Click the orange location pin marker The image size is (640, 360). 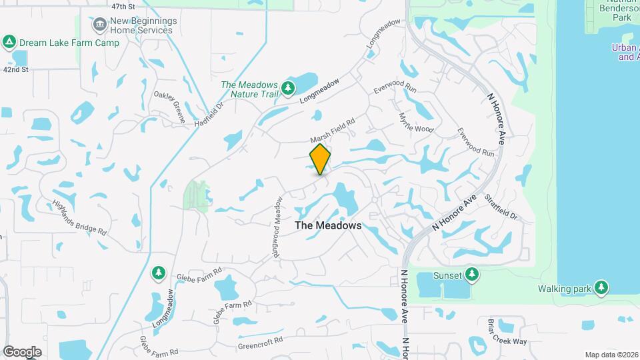321,159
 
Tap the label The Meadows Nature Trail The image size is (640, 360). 249,89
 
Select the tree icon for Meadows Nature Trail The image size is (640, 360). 288,88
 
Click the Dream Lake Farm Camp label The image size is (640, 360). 69,43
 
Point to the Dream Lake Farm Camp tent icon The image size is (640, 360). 9,43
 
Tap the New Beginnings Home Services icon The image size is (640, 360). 99,25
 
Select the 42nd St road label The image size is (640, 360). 16,69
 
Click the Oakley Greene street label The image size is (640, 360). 169,107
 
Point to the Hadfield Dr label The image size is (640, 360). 211,115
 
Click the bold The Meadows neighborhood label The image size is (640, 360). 328,225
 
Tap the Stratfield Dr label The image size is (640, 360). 501,207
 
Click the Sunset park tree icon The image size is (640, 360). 472,273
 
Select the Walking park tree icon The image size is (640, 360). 601,287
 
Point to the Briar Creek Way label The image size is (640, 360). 507,331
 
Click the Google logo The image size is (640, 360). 22,351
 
